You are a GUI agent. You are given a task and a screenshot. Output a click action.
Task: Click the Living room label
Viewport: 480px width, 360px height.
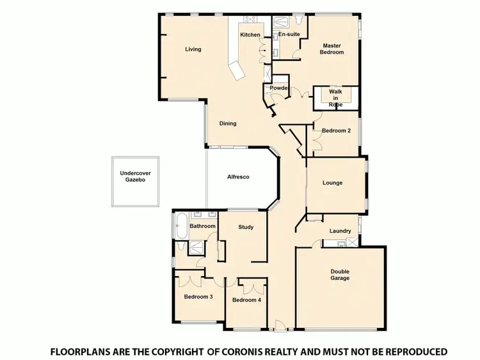point(193,49)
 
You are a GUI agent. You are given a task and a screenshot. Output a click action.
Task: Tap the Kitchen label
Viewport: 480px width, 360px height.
point(250,35)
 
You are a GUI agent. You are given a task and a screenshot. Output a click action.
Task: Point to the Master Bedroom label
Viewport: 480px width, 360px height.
point(332,49)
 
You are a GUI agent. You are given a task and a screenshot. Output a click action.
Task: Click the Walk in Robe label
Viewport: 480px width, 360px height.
point(335,97)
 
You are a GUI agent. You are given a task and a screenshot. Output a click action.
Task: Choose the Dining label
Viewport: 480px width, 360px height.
point(228,124)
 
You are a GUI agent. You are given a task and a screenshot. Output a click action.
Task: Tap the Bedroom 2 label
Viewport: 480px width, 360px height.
point(336,131)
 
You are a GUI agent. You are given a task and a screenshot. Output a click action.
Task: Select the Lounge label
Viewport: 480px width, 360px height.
point(332,183)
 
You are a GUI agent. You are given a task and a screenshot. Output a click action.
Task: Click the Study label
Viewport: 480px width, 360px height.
point(246,227)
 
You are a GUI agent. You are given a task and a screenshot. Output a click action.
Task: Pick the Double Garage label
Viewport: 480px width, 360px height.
point(340,275)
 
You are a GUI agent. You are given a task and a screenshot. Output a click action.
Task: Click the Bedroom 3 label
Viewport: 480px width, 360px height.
point(198,297)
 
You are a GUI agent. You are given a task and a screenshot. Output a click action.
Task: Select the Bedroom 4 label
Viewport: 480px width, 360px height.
point(246,300)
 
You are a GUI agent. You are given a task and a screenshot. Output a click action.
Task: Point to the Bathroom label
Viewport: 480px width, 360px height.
point(202,226)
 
